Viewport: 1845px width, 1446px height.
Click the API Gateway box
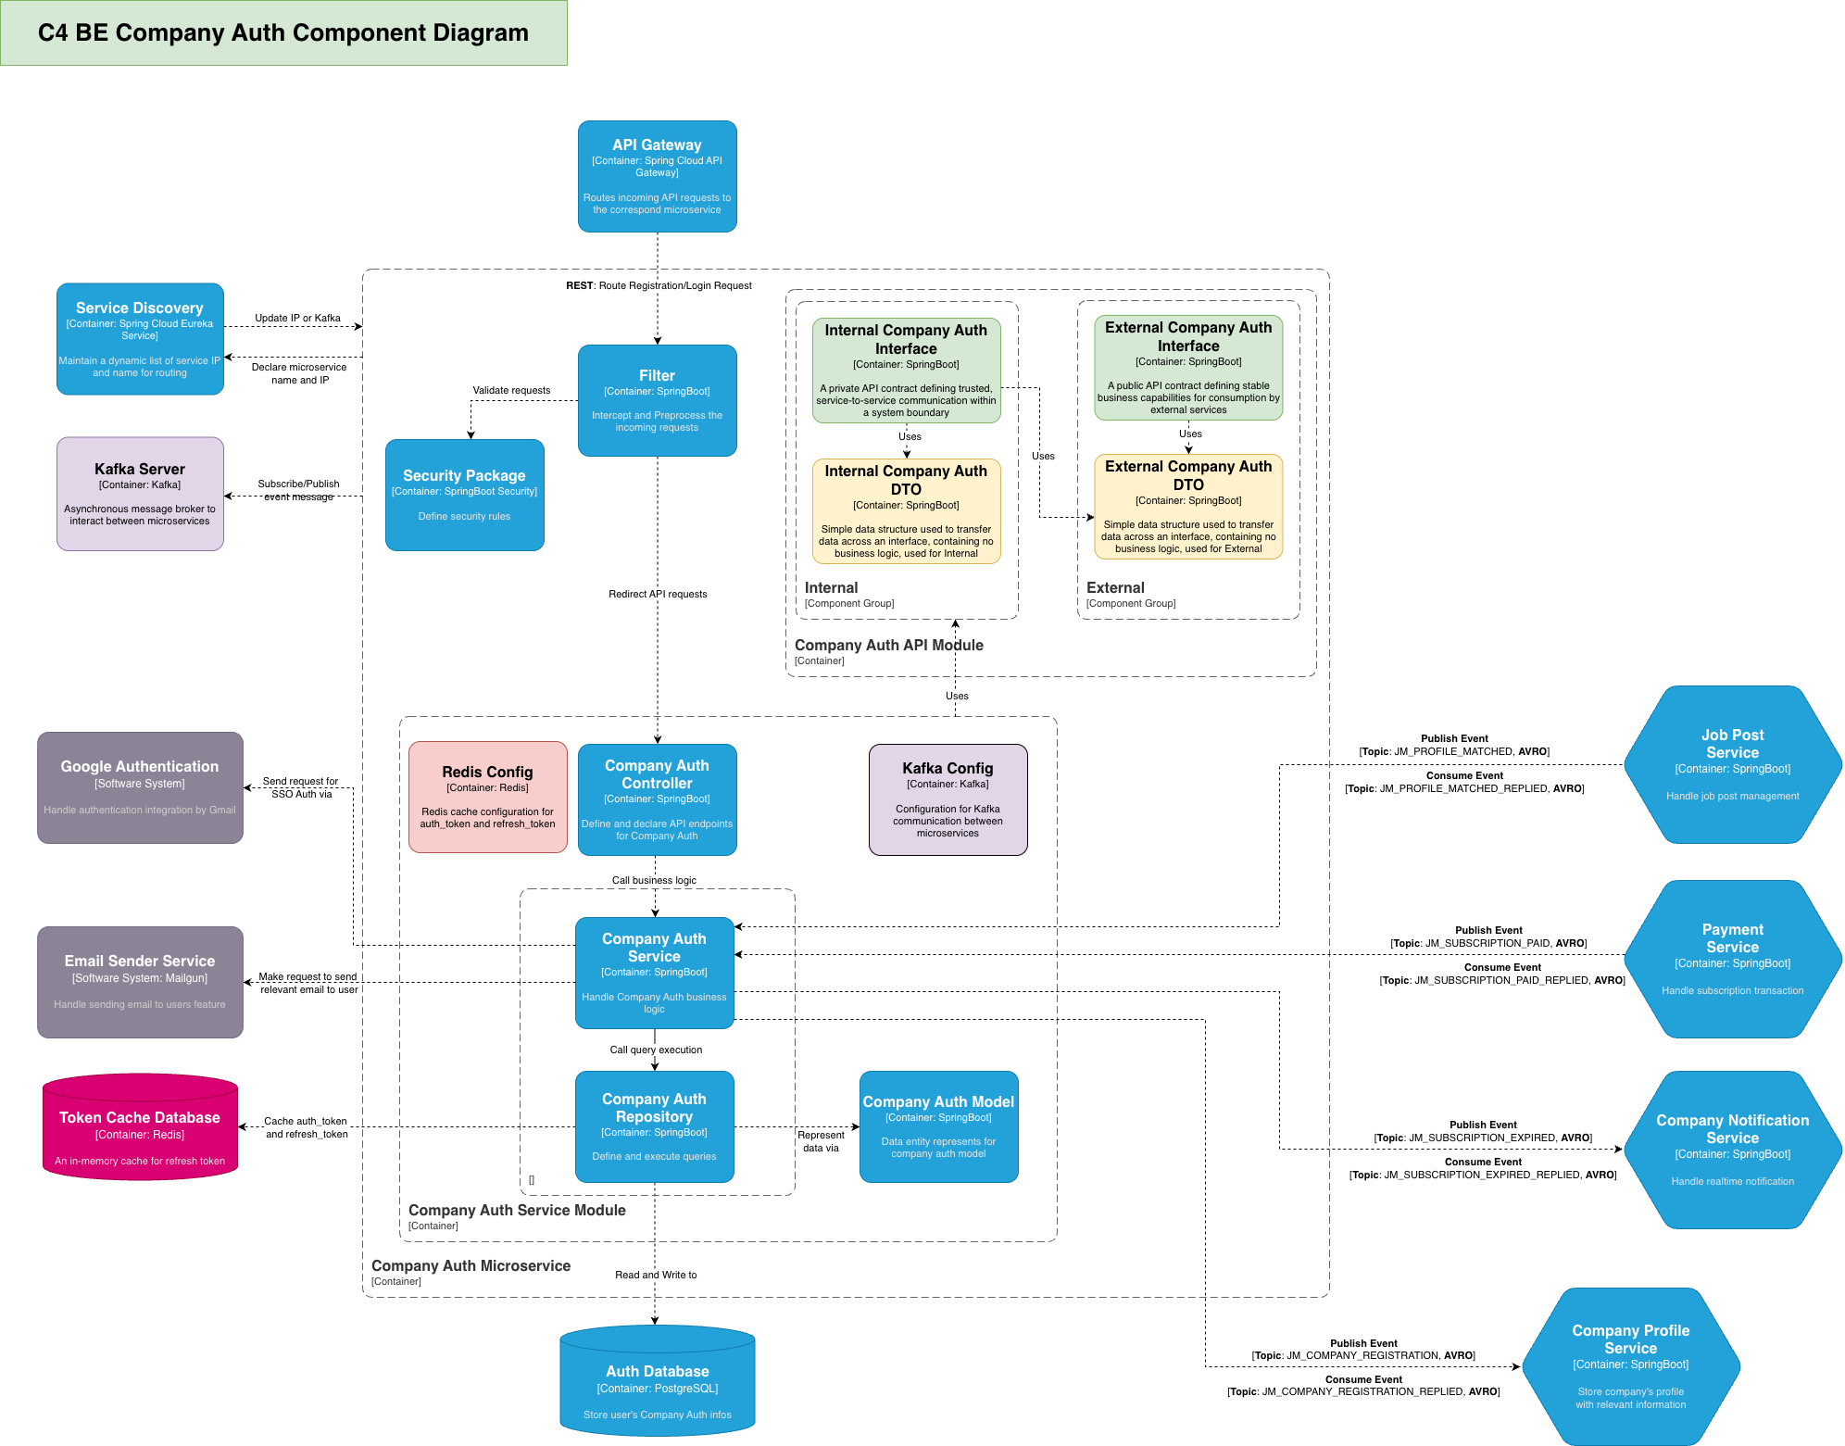click(x=657, y=176)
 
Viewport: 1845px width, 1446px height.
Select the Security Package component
click(x=464, y=495)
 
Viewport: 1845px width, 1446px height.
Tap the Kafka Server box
click(x=140, y=494)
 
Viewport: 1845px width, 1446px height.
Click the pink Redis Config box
click(x=487, y=797)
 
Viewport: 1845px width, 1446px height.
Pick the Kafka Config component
click(x=948, y=799)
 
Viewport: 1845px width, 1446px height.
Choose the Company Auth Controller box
click(x=657, y=799)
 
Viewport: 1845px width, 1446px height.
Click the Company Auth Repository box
click(x=654, y=1126)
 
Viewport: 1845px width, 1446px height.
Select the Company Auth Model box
click(x=938, y=1126)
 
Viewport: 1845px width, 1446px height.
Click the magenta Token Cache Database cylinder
click(x=140, y=1128)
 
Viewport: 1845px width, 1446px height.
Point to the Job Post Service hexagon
click(x=1732, y=764)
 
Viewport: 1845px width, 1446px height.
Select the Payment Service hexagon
click(x=1732, y=959)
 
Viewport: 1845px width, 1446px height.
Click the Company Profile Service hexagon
click(x=1630, y=1366)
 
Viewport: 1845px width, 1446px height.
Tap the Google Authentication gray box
click(x=140, y=787)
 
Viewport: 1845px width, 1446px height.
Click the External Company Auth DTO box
click(x=1188, y=506)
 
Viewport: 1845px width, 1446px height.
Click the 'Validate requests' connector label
click(x=511, y=390)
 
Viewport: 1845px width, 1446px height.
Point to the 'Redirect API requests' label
click(x=658, y=594)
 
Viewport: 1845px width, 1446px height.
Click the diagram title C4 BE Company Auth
click(x=283, y=32)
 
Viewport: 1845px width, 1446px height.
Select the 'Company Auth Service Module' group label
click(x=517, y=1210)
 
